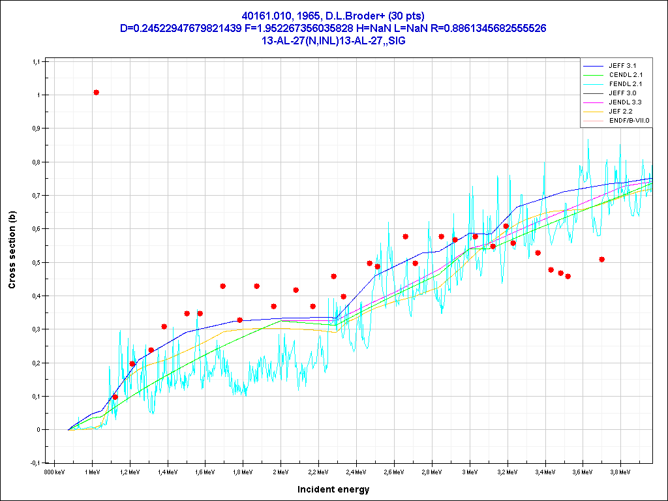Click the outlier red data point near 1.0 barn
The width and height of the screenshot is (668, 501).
(96, 93)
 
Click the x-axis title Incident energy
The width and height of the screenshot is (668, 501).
(333, 489)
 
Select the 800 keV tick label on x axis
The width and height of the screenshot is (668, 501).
(54, 471)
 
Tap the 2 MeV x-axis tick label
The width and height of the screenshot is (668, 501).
(281, 471)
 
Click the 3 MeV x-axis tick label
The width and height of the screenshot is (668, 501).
(469, 471)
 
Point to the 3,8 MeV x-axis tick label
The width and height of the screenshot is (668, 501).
(620, 471)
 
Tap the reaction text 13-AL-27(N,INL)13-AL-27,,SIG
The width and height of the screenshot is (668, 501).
(333, 40)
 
